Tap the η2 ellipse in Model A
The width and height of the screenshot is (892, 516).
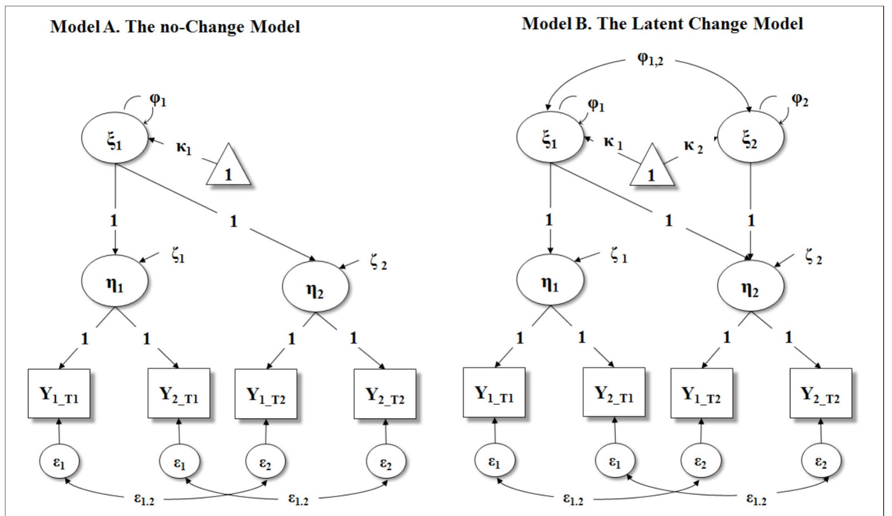(x=315, y=287)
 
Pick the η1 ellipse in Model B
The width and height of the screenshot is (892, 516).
(x=550, y=280)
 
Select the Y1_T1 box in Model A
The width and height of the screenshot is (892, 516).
(x=59, y=393)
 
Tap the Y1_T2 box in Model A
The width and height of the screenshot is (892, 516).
(x=266, y=394)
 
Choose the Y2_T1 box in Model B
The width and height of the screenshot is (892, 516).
(x=614, y=392)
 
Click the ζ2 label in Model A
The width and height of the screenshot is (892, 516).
(x=378, y=264)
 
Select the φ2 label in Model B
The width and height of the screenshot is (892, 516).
(x=800, y=100)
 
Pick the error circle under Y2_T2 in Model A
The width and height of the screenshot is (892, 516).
(x=386, y=462)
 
